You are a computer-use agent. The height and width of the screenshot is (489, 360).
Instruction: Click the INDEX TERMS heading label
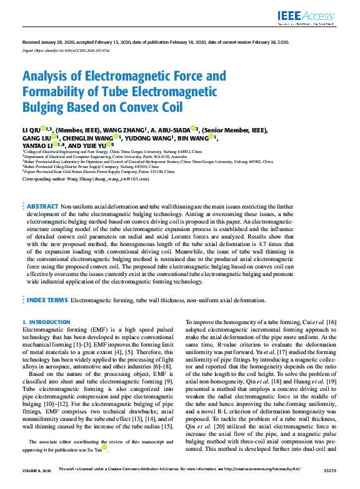[x=48, y=300]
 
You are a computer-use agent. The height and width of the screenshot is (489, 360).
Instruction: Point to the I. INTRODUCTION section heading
[x=46, y=322]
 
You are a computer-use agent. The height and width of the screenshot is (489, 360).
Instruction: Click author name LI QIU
[x=31, y=130]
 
